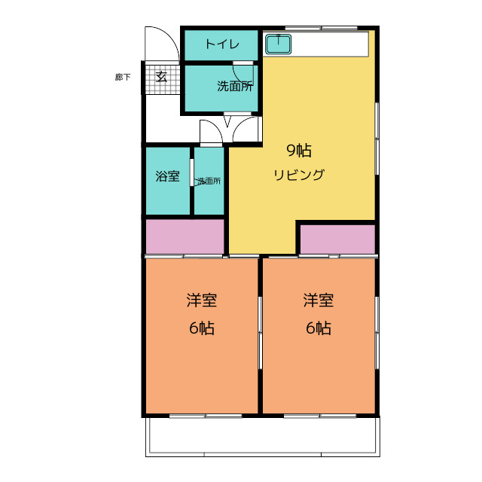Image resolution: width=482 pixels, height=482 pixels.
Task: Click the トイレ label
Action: (x=223, y=45)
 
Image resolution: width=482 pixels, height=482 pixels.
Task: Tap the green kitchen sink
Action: (x=279, y=44)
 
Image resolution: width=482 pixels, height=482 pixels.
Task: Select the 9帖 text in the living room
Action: (x=298, y=150)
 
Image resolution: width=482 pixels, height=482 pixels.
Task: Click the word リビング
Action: (x=298, y=175)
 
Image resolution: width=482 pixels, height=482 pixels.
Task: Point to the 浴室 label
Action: (x=167, y=177)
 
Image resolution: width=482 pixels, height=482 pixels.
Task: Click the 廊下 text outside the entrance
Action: (x=123, y=77)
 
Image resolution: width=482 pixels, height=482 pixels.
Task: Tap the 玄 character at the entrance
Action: (x=161, y=76)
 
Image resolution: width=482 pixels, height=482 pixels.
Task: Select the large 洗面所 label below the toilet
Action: (x=234, y=86)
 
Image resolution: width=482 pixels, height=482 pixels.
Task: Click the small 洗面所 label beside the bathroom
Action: (x=209, y=181)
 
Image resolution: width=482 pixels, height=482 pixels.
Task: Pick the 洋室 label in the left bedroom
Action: (x=202, y=300)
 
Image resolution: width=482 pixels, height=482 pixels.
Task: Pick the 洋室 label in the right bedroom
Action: (x=319, y=300)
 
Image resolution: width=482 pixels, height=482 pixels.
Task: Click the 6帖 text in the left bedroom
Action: (x=202, y=328)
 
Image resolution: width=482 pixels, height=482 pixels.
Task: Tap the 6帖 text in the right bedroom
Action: (x=319, y=328)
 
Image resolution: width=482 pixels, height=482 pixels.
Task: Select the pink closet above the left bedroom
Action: (x=185, y=237)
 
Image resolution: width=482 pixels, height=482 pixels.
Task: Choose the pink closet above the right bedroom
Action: (x=337, y=239)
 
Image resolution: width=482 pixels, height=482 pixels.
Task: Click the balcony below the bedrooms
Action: (x=261, y=436)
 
